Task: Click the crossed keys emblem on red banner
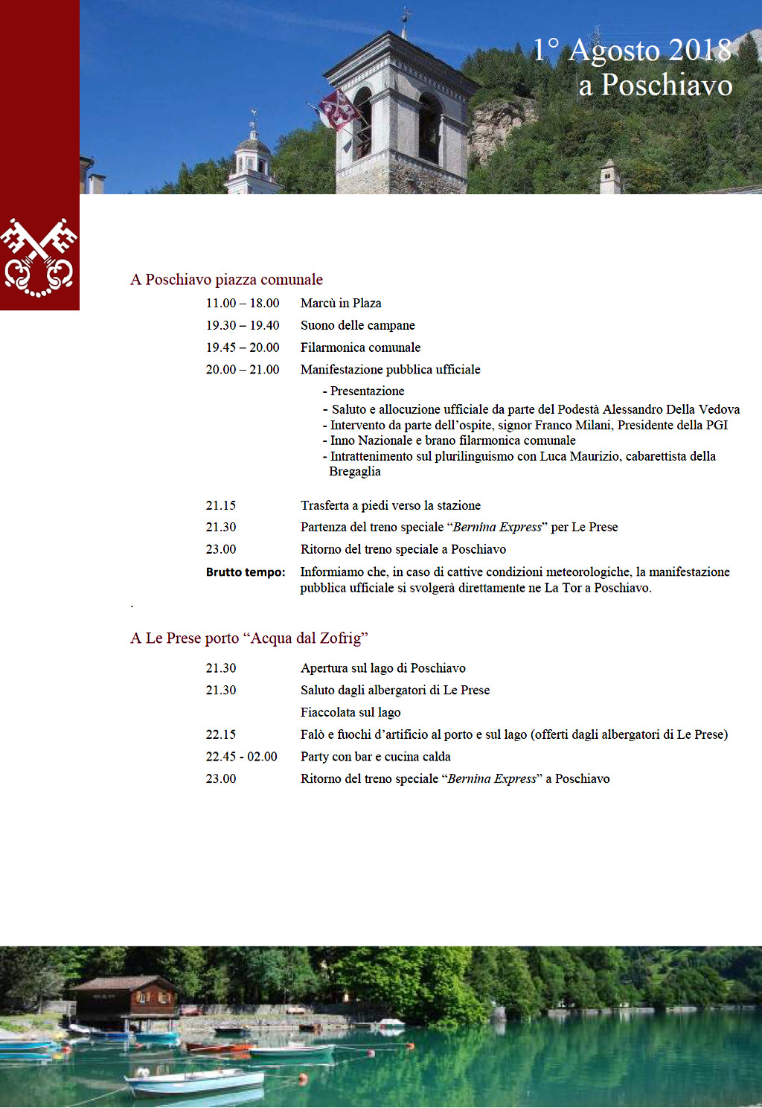point(39,257)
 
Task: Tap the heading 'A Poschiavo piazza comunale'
point(226,280)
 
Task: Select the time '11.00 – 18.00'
point(243,304)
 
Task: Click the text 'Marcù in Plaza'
point(341,304)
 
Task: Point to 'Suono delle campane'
point(358,326)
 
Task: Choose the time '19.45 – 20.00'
point(243,348)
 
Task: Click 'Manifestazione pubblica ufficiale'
point(390,370)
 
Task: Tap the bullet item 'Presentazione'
point(367,391)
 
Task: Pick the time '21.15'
point(221,506)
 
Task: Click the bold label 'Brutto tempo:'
point(246,572)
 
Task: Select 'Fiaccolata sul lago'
point(350,713)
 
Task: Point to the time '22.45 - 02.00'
point(241,757)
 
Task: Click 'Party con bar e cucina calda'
point(375,757)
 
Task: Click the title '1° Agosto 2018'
point(633,51)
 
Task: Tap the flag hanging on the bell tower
point(338,109)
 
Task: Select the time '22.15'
point(221,735)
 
